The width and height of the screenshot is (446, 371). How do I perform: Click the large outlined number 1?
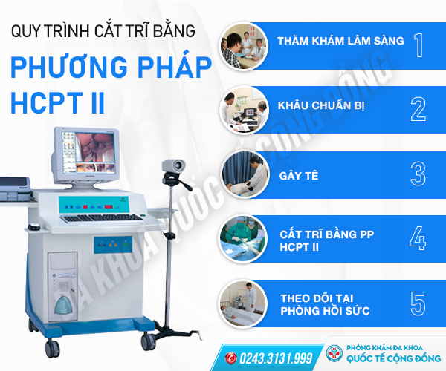pyautogui.click(x=418, y=45)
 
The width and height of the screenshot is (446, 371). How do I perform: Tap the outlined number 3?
pyautogui.click(x=418, y=174)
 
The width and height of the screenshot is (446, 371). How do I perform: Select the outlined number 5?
pyautogui.click(x=418, y=303)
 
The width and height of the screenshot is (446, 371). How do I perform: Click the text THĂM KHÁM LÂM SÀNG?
pyautogui.click(x=340, y=41)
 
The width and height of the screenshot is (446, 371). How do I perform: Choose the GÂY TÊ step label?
pyautogui.click(x=299, y=176)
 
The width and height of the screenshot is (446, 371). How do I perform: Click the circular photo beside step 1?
pyautogui.click(x=244, y=46)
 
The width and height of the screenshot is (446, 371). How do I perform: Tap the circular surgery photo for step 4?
pyautogui.click(x=244, y=238)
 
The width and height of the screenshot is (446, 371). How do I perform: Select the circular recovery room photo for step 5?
pyautogui.click(x=244, y=303)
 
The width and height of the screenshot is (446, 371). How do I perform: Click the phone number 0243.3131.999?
pyautogui.click(x=276, y=358)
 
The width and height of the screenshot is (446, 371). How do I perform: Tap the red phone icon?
pyautogui.click(x=230, y=358)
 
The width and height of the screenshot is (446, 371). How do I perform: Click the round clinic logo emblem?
pyautogui.click(x=334, y=353)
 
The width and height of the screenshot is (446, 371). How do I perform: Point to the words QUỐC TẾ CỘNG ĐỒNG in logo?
pyautogui.click(x=393, y=358)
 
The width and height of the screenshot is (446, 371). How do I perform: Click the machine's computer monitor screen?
pyautogui.click(x=89, y=152)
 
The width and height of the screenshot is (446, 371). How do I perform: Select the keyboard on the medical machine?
pyautogui.click(x=102, y=218)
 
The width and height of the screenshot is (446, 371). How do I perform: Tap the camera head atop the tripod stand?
pyautogui.click(x=173, y=166)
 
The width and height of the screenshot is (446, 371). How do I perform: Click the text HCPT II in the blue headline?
pyautogui.click(x=58, y=102)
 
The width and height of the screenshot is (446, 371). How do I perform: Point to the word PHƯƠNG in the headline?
pyautogui.click(x=69, y=68)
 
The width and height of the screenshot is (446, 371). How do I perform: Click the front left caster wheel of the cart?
pyautogui.click(x=52, y=349)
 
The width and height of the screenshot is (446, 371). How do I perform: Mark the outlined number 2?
pyautogui.click(x=418, y=109)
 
